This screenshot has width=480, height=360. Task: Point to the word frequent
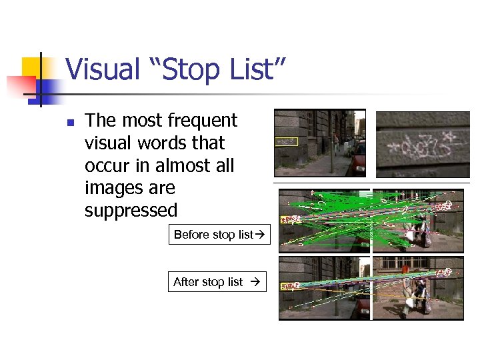203,121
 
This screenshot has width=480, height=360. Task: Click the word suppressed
131,211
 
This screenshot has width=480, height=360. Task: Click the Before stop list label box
219,235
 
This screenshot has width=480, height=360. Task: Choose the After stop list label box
217,282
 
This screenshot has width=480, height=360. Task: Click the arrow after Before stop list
261,235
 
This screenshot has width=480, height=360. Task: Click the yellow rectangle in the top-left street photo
287,141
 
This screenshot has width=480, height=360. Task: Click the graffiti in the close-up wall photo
421,146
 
